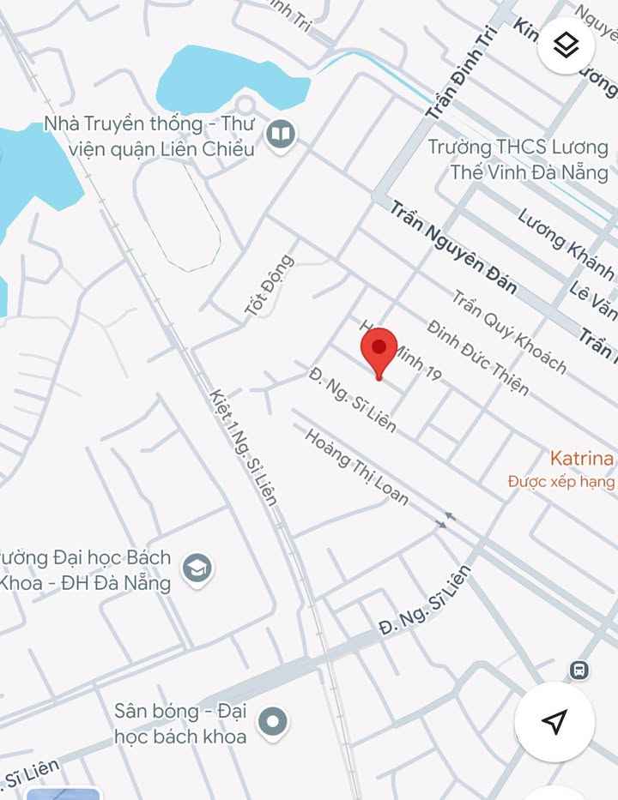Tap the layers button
click(566, 45)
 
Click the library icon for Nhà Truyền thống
click(280, 135)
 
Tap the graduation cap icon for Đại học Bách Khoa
click(198, 568)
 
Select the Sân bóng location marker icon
click(272, 723)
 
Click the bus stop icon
click(579, 669)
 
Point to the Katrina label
click(581, 459)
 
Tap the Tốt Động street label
click(269, 286)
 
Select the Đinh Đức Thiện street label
click(477, 357)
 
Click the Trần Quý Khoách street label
click(509, 332)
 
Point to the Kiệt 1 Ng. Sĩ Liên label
click(243, 447)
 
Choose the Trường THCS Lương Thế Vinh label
click(518, 159)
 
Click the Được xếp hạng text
click(560, 482)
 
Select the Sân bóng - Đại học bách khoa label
click(180, 723)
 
